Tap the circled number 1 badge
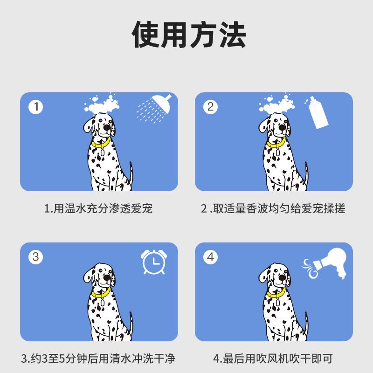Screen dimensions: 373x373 pyautogui.click(x=36, y=107)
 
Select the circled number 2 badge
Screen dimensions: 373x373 pyautogui.click(x=210, y=107)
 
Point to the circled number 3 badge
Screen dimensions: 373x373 pyautogui.click(x=36, y=257)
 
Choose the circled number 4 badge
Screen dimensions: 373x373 pyautogui.click(x=210, y=257)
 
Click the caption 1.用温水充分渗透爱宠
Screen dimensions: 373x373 pyautogui.click(x=98, y=208)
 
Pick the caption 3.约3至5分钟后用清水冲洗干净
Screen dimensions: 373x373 pyautogui.click(x=98, y=359)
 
